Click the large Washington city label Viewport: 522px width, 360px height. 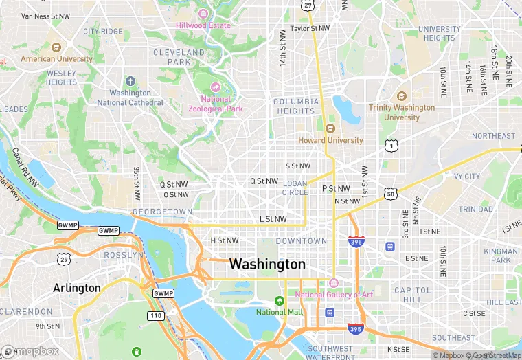pyautogui.click(x=267, y=264)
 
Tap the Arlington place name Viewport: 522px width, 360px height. pyautogui.click(x=76, y=288)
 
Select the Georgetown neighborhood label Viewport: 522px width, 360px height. pyautogui.click(x=162, y=212)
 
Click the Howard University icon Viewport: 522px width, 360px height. pyautogui.click(x=330, y=128)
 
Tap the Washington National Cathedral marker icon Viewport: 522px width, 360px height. pyautogui.click(x=130, y=81)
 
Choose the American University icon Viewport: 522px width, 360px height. pyautogui.click(x=56, y=47)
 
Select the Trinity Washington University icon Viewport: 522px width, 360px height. pyautogui.click(x=402, y=96)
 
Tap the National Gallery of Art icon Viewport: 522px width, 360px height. pyautogui.click(x=333, y=283)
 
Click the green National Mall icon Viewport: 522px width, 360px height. pyautogui.click(x=280, y=301)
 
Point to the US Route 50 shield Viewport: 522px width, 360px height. pyautogui.click(x=390, y=194)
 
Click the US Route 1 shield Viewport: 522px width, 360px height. pyautogui.click(x=391, y=145)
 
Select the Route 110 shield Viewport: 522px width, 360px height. pyautogui.click(x=155, y=315)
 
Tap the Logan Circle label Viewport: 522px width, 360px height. pyautogui.click(x=295, y=188)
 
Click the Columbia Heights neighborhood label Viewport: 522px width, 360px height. pyautogui.click(x=295, y=106)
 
